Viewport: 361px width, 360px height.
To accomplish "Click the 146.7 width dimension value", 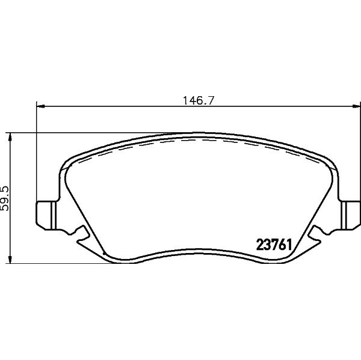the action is (199, 101).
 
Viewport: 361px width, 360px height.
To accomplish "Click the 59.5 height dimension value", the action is (4, 198).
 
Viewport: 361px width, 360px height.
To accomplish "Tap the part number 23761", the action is (274, 245).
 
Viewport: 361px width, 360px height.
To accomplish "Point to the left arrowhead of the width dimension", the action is (40, 106).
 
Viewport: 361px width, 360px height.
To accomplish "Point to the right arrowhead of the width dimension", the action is (357, 106).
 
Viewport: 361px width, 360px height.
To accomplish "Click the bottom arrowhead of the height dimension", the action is (10, 259).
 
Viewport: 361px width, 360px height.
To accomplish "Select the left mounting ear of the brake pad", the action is (46, 215).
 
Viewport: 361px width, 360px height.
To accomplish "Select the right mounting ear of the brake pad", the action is (351, 215).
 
